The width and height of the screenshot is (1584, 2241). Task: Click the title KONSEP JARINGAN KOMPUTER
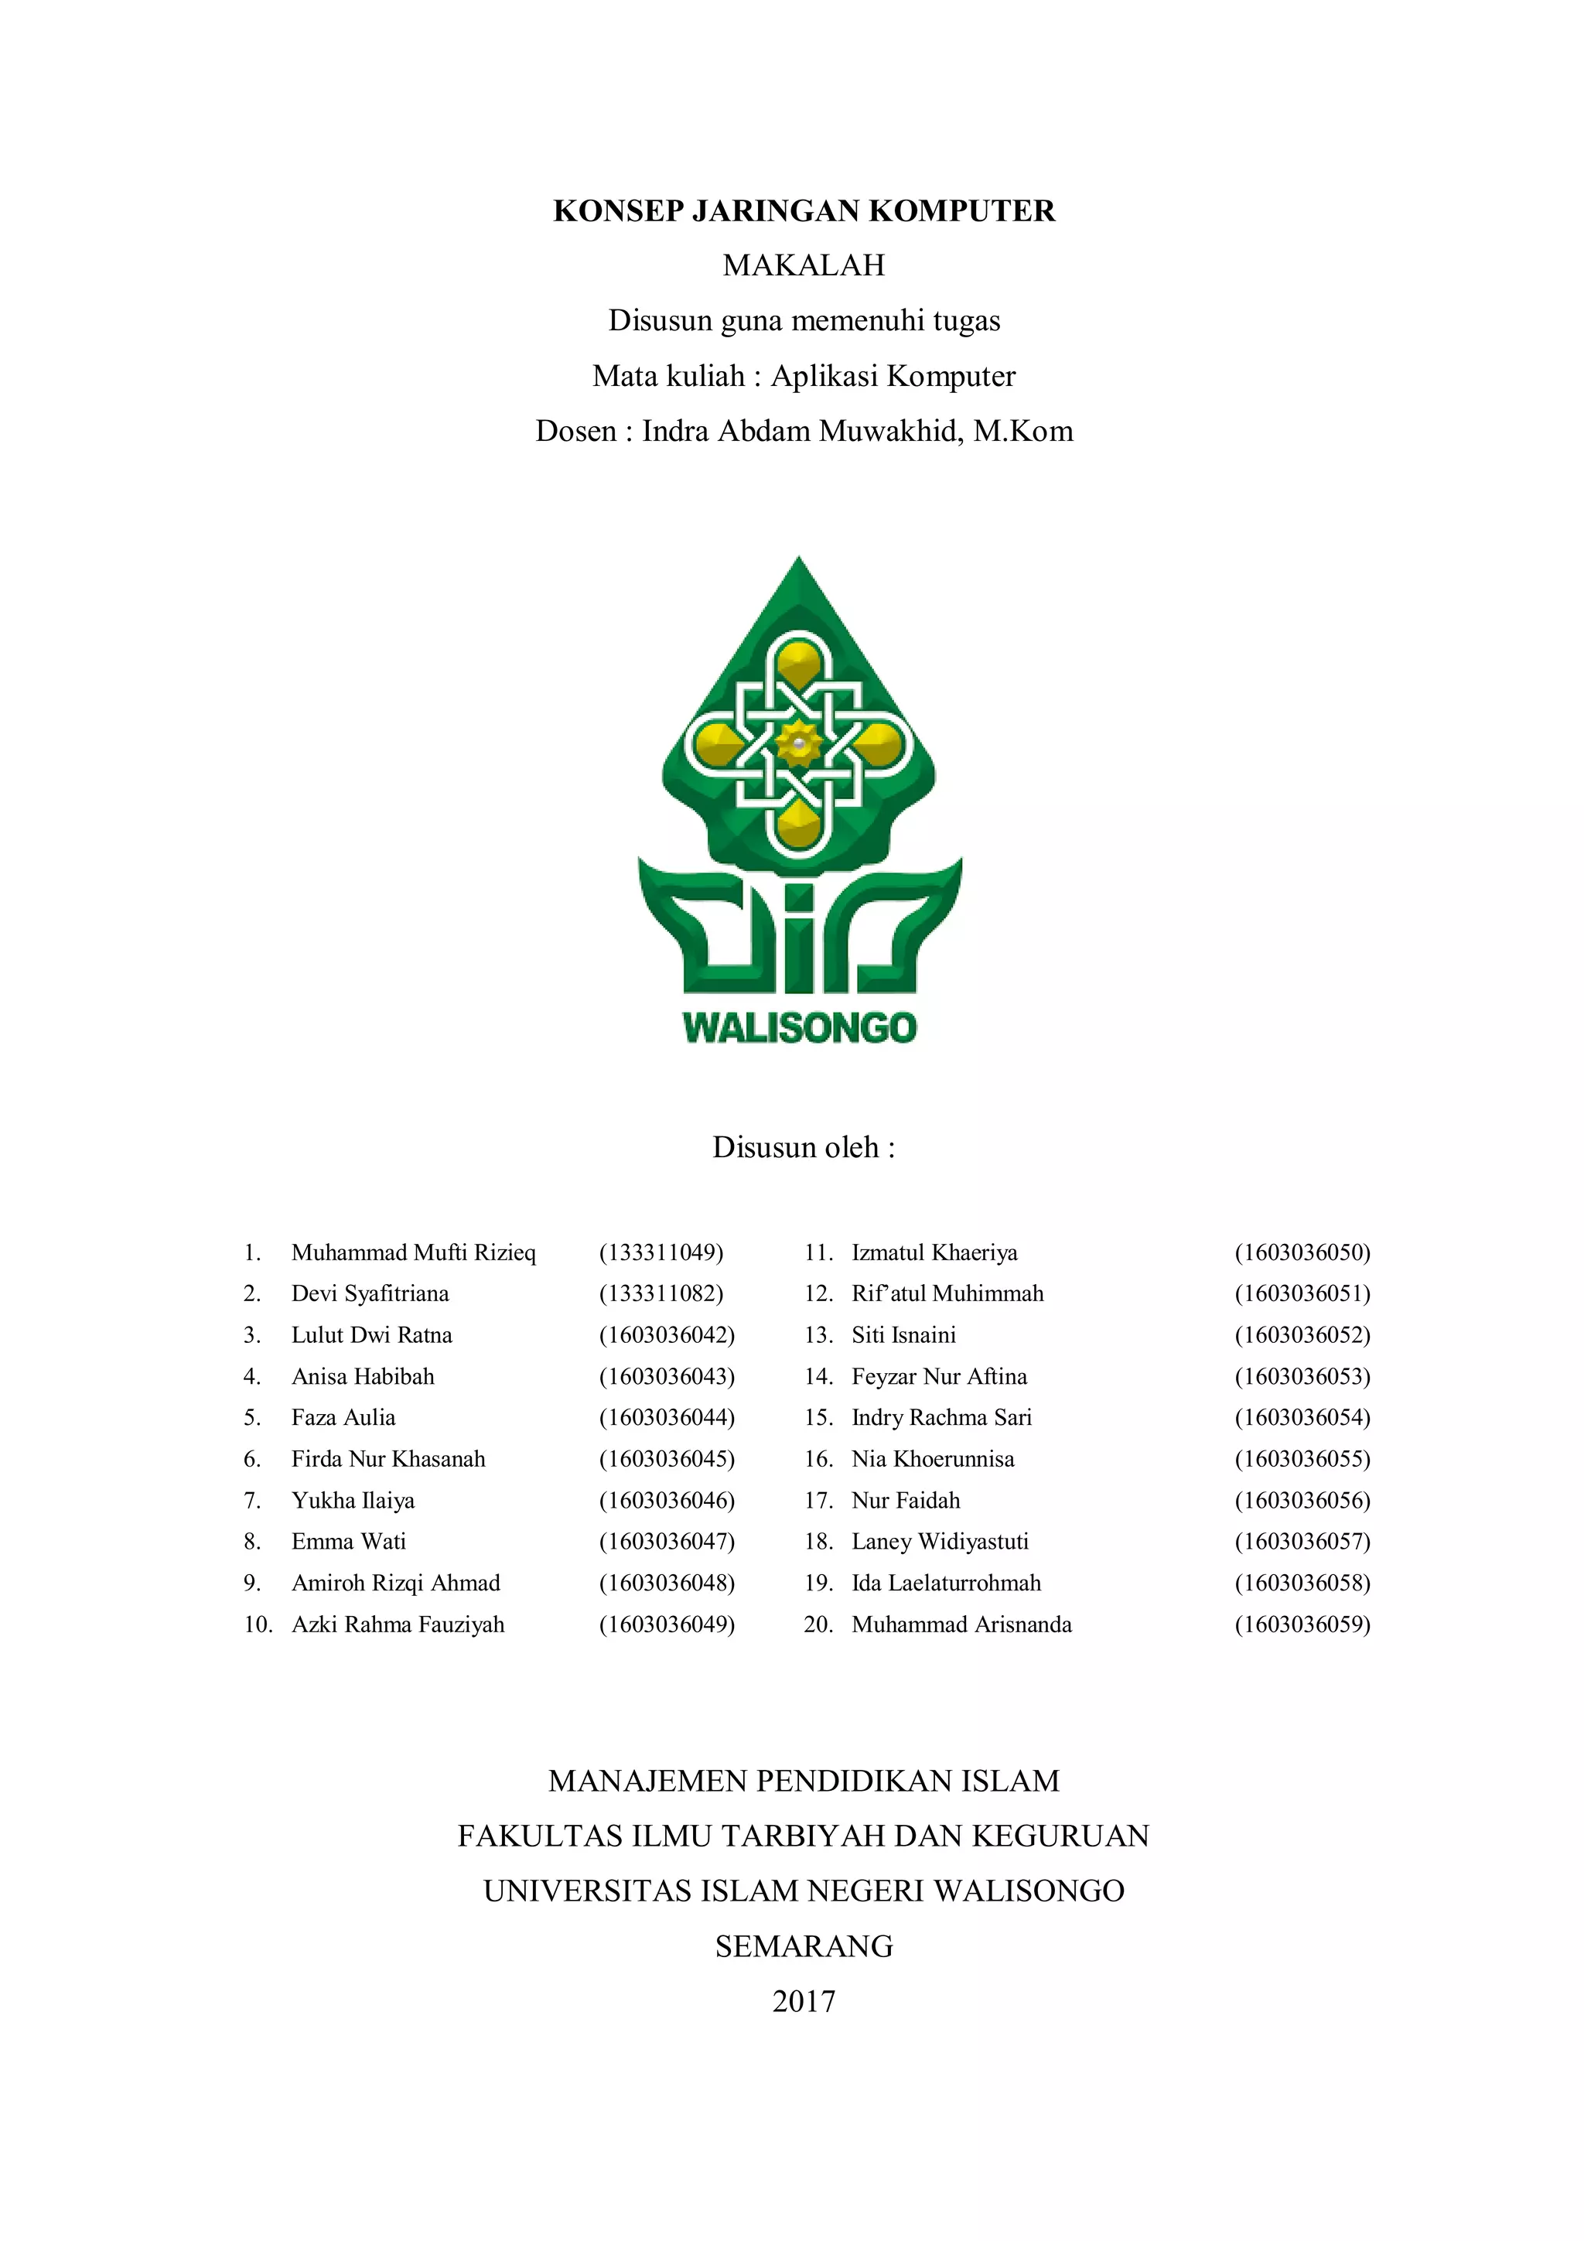tap(804, 211)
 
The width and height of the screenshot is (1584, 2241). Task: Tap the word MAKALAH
tap(804, 265)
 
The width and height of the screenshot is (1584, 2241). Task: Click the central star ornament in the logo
tap(799, 745)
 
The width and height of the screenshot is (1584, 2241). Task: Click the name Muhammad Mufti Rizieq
tap(413, 1252)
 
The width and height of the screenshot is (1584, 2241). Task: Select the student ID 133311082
tap(661, 1293)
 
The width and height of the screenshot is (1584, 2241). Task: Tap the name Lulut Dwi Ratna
tap(371, 1335)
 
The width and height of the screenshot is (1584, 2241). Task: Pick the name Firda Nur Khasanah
tap(387, 1459)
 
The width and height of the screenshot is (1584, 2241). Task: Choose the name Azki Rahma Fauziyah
tap(398, 1624)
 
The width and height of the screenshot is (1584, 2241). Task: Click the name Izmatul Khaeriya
tap(934, 1252)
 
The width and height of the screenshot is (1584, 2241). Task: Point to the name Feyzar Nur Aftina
tap(939, 1376)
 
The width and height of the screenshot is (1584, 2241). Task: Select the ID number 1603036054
tap(1302, 1417)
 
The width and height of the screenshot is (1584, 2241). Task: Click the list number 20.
tap(818, 1624)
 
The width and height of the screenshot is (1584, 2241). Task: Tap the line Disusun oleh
tap(804, 1147)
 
